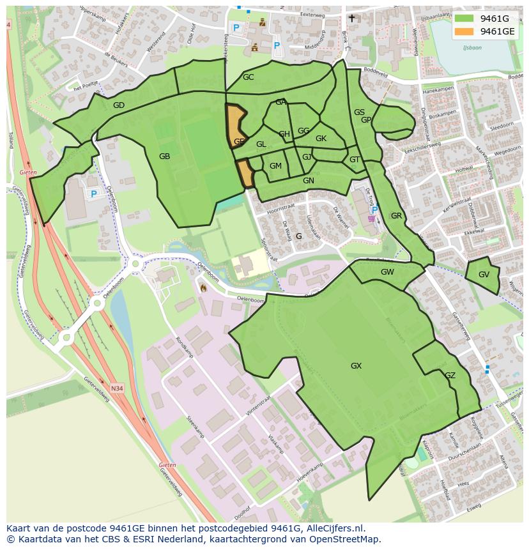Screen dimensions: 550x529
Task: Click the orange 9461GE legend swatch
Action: pos(464,31)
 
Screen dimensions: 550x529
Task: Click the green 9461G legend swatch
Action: pos(464,19)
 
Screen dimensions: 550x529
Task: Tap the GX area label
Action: pos(356,366)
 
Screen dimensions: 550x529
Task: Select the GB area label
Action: pos(164,156)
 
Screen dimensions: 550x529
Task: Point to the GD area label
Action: pos(118,105)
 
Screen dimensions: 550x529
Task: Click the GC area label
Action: pos(248,77)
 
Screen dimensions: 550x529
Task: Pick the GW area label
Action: pos(387,271)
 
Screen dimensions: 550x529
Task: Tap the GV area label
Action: pos(484,275)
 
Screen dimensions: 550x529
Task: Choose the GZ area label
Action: pos(450,376)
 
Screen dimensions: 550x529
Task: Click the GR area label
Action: pos(396,216)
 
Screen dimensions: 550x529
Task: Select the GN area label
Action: pos(309,181)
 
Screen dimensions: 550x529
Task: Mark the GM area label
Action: pos(275,166)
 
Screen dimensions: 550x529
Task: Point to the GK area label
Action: pos(321,139)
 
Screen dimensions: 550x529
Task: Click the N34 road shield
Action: pos(116,388)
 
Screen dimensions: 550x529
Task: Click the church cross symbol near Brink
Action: pos(351,19)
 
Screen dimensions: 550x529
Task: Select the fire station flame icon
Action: pos(203,288)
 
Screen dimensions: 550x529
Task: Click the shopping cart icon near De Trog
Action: pos(372,218)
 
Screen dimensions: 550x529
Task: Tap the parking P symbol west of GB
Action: pos(93,194)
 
